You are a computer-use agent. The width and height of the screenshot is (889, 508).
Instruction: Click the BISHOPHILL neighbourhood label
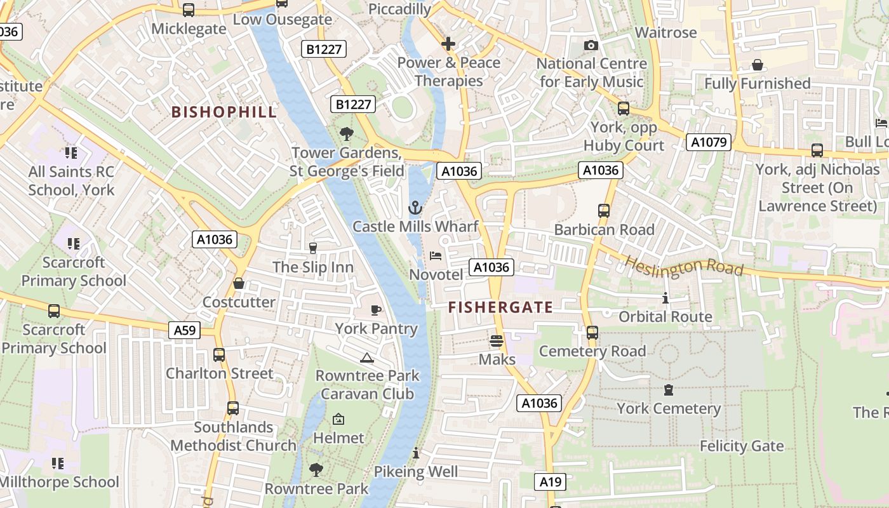click(224, 112)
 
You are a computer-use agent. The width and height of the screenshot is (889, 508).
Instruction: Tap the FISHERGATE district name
click(500, 307)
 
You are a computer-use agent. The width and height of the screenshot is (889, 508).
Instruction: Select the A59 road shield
click(185, 330)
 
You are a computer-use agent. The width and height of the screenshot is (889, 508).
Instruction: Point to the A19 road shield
click(550, 482)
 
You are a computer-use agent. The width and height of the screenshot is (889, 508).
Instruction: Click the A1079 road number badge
click(709, 142)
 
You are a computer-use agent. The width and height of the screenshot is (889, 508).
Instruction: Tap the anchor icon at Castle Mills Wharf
click(415, 207)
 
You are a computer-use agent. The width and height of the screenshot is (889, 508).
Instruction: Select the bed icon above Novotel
click(436, 256)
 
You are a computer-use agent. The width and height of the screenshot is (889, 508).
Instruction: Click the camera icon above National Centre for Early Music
click(591, 45)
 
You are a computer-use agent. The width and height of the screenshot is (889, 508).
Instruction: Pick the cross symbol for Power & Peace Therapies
click(448, 44)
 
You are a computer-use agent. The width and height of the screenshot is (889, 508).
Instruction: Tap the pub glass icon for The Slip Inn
click(312, 248)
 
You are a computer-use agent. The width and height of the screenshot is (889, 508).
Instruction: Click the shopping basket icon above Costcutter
click(239, 283)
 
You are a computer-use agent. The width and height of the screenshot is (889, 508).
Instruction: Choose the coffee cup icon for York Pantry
click(376, 310)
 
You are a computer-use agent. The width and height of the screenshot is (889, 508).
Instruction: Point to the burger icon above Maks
click(497, 341)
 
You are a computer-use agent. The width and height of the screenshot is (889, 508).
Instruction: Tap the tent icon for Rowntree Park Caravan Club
click(366, 358)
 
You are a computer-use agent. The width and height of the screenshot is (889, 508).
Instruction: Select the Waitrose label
click(665, 32)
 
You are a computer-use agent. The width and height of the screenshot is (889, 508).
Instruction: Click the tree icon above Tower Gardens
click(346, 134)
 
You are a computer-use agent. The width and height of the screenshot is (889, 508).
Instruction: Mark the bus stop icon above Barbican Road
click(604, 210)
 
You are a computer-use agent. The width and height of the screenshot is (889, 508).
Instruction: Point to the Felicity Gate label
click(742, 446)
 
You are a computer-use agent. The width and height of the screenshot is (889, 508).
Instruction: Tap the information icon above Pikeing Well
click(416, 453)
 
